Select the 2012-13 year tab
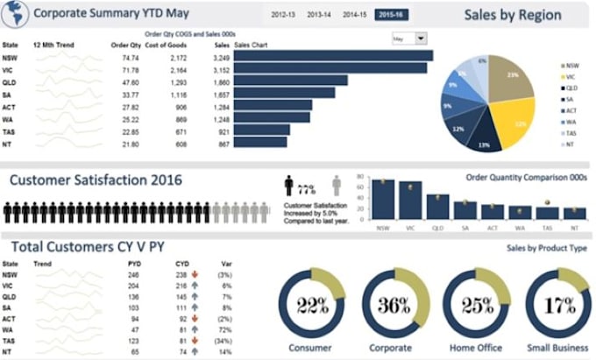[x=283, y=16]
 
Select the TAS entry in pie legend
[x=571, y=132]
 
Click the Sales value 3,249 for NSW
[x=221, y=57]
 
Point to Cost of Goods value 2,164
[x=177, y=69]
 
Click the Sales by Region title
[x=513, y=15]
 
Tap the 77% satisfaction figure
[x=306, y=187]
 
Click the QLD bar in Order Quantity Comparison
[x=437, y=206]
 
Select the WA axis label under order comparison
[x=521, y=226]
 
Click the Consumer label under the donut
[x=310, y=348]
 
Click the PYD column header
[x=134, y=262]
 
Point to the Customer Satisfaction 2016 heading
[x=96, y=180]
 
